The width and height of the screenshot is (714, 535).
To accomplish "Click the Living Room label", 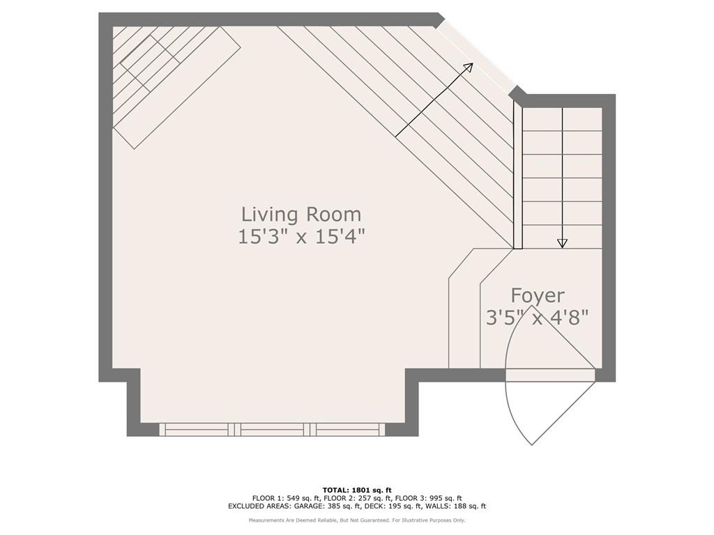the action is (301, 215).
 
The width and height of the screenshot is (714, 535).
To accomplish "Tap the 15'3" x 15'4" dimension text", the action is (301, 237).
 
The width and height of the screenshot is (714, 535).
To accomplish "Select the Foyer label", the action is (538, 295).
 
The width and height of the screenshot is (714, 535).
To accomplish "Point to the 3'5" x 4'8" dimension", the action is (538, 318).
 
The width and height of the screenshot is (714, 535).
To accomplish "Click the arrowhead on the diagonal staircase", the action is (468, 68).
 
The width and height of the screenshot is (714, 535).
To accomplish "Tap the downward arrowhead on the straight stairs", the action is (563, 243).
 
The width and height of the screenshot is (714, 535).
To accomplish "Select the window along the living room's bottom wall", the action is (272, 429).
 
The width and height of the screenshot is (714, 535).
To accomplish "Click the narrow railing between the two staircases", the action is (518, 175).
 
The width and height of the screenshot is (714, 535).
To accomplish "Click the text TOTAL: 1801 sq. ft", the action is (357, 490).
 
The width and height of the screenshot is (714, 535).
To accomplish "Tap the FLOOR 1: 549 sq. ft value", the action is (284, 498).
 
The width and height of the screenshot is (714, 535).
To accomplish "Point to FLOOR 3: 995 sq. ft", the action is (429, 498).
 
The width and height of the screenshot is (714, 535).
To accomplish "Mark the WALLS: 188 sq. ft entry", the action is (461, 506).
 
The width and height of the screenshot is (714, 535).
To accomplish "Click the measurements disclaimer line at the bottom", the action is (357, 520).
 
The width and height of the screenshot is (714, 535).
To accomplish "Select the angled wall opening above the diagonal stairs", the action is (475, 56).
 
